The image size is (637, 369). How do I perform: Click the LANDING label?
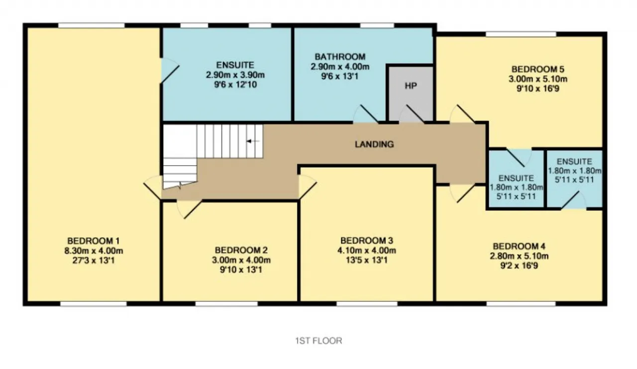[x=374, y=144]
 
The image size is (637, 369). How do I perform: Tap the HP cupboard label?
[x=411, y=86]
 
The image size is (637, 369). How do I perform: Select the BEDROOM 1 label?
[x=93, y=241]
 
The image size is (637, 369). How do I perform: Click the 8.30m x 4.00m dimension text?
[x=94, y=251]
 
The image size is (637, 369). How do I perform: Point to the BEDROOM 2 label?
[x=241, y=250]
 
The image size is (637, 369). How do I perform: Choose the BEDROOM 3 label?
[x=367, y=241]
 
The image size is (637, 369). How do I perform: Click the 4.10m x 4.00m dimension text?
[x=367, y=251]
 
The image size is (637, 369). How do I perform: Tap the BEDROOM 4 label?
[x=519, y=246]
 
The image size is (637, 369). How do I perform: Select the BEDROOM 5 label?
[x=538, y=69]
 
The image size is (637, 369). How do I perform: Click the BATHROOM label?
[x=340, y=57]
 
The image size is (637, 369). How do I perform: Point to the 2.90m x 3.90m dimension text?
[x=235, y=75]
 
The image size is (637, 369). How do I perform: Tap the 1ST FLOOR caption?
[x=318, y=341]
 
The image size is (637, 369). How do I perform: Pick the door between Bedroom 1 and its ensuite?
[x=170, y=71]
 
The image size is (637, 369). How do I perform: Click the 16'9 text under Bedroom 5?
[x=552, y=89]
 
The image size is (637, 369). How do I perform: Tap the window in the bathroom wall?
[x=377, y=25]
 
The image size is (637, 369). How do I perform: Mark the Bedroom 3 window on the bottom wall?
[x=367, y=304]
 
